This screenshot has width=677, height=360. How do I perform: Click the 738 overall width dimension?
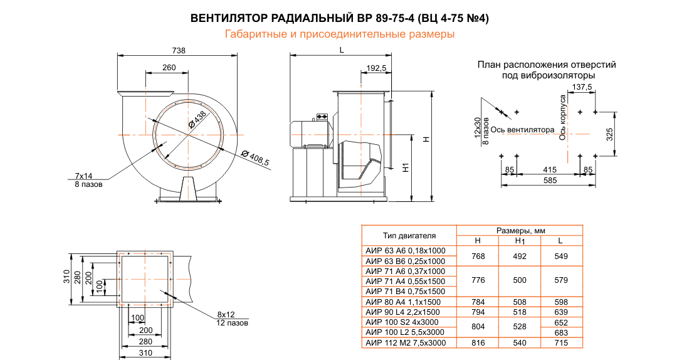pos(179,51)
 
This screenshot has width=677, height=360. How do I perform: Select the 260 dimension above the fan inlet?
pos(169,67)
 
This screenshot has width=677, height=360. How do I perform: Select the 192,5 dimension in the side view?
pos(375,68)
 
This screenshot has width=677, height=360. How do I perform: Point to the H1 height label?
pos(406,167)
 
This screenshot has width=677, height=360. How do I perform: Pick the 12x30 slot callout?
pos(478,127)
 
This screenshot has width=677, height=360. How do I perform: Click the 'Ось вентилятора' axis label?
pos(522,130)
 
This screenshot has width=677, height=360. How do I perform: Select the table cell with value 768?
pos(478,256)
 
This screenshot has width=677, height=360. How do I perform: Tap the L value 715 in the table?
pos(561,342)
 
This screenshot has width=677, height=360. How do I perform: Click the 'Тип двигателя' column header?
pos(409,236)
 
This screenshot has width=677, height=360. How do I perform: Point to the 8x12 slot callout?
pos(226,314)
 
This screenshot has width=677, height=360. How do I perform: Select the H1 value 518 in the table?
pos(519,312)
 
